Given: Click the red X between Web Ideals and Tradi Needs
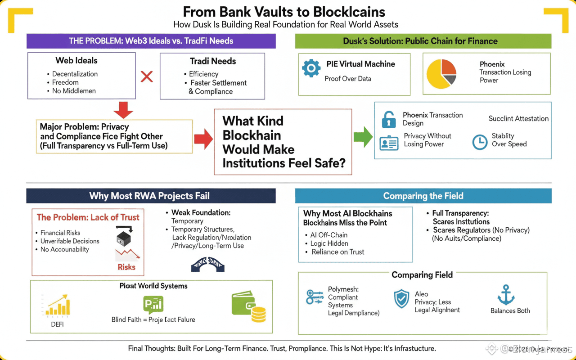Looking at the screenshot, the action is click(147, 76).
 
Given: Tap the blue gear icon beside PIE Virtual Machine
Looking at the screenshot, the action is click(311, 68).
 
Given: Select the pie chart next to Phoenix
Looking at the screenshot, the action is click(441, 74).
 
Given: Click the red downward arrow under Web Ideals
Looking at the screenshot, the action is click(123, 109).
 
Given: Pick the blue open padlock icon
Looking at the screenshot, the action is click(389, 119).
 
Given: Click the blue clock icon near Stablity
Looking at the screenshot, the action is click(480, 142).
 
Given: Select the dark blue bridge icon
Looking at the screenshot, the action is click(208, 264).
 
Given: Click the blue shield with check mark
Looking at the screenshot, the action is click(401, 299).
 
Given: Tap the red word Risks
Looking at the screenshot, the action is click(126, 267).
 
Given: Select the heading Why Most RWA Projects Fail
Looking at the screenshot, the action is click(149, 196).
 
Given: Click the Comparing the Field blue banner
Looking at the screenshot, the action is click(423, 196).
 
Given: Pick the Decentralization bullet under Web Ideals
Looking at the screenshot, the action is click(75, 74).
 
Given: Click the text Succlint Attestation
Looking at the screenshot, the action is click(518, 118).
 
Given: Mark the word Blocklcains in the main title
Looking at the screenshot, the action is click(348, 12).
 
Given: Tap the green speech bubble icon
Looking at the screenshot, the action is click(153, 305).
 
